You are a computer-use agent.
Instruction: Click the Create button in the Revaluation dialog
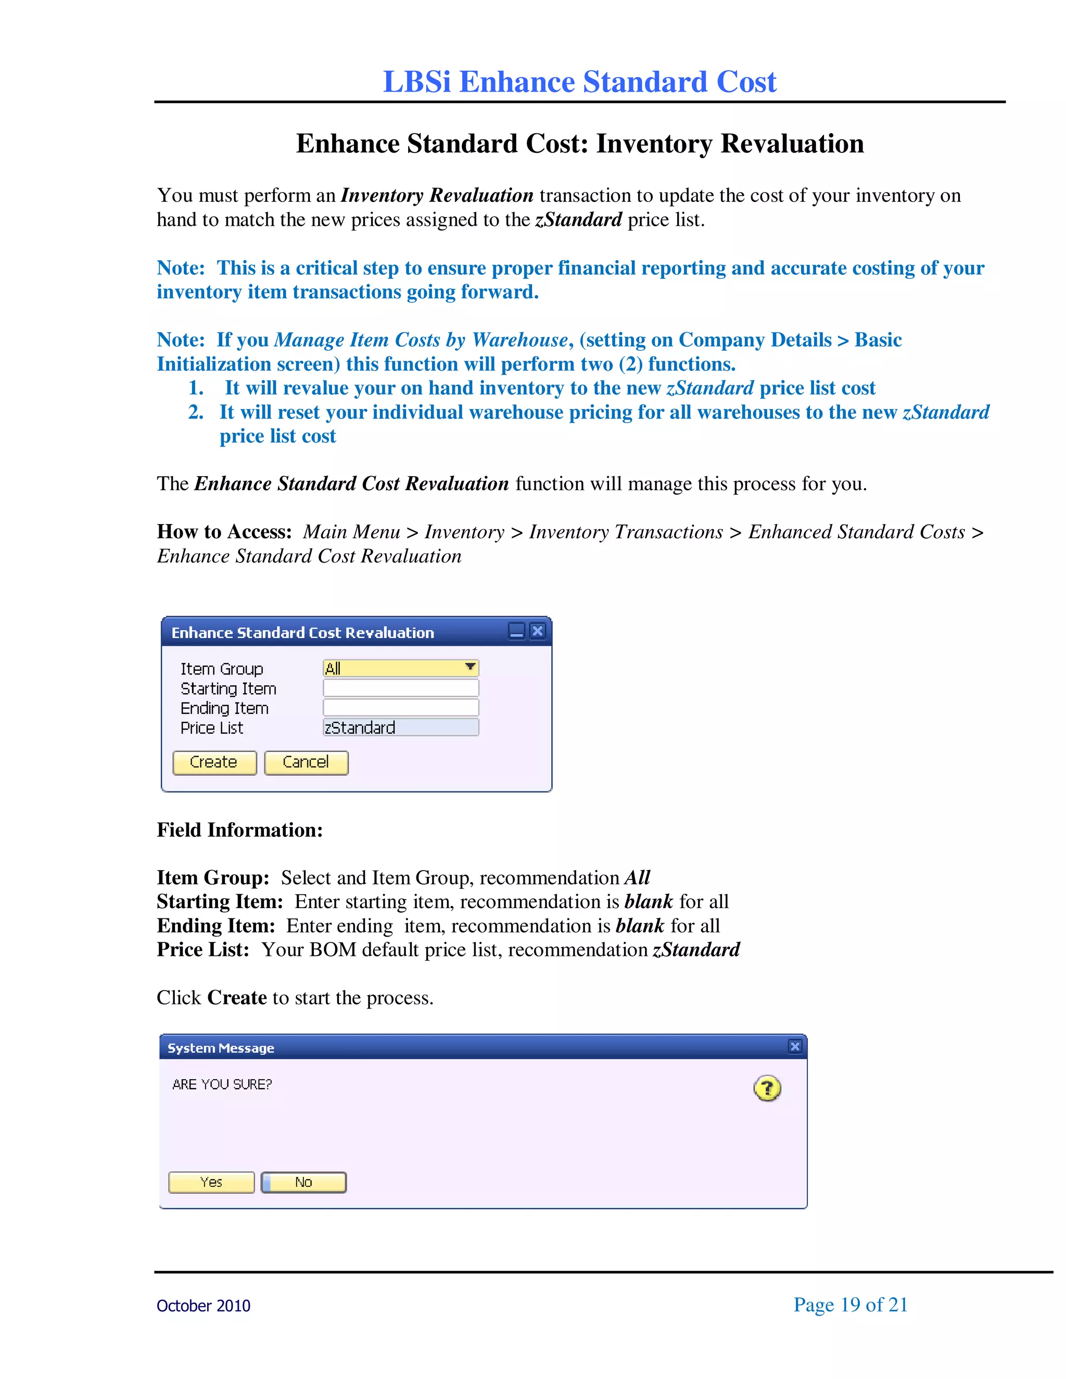214,762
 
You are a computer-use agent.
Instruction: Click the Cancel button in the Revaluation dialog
306,762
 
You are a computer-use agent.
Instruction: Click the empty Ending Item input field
400,707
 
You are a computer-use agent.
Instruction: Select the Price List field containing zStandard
400,727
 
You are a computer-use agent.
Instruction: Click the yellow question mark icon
767,1088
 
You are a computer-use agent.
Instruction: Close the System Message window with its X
794,1046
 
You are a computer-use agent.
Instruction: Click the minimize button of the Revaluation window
516,631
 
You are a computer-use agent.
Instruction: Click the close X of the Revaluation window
537,631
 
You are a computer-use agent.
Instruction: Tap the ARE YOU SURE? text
222,1084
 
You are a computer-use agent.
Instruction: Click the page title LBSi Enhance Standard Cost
579,82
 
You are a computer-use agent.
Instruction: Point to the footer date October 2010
204,1306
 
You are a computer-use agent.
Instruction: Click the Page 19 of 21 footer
850,1305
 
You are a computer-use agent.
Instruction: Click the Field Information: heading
239,829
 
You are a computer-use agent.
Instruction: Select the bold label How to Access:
224,532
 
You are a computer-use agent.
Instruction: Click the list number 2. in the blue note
196,412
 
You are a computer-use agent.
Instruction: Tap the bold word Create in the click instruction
237,998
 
